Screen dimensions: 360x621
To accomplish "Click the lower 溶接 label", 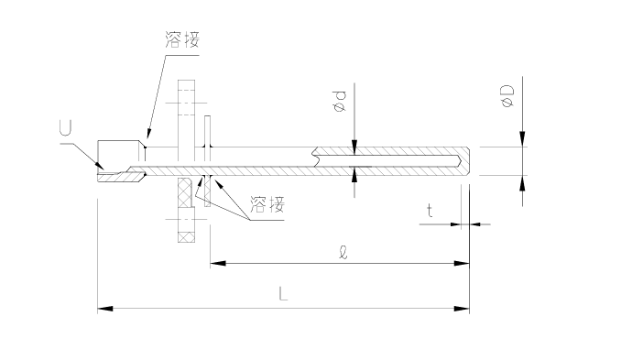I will coord(267,205).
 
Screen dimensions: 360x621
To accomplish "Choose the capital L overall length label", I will coord(284,295).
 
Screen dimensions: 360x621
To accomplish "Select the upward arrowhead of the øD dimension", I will coord(523,181).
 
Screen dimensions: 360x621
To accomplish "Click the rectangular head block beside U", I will coord(119,152).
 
